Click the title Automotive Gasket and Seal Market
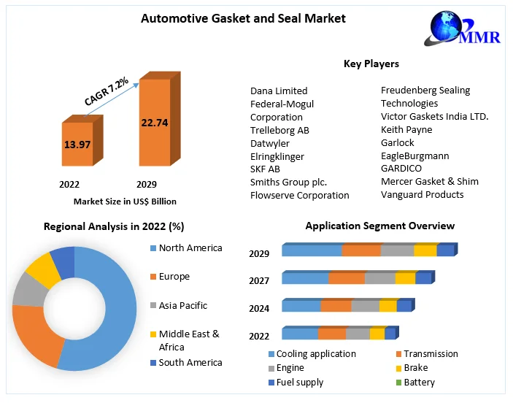click(x=243, y=18)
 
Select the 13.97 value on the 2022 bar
click(x=77, y=145)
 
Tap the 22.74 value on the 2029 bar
click(x=155, y=123)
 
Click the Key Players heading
click(x=371, y=64)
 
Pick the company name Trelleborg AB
click(x=279, y=130)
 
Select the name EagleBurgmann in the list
click(x=414, y=156)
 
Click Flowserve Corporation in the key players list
click(x=299, y=195)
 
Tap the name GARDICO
click(x=401, y=169)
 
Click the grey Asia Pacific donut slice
click(x=28, y=290)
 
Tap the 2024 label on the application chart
click(x=259, y=309)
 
